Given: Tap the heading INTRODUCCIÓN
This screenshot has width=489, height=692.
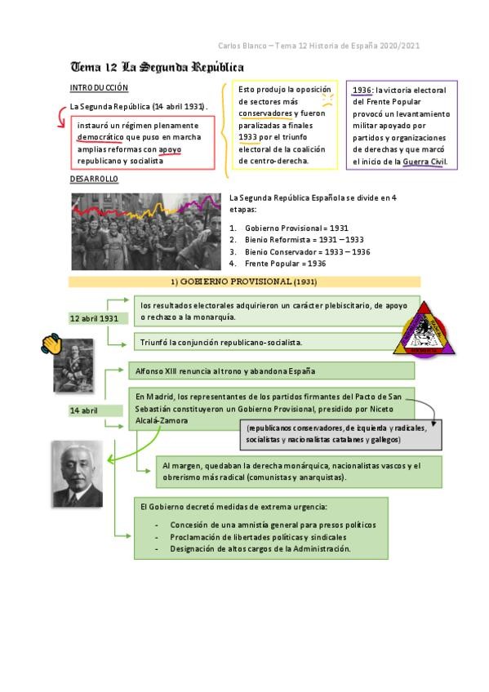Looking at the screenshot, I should [x=99, y=87].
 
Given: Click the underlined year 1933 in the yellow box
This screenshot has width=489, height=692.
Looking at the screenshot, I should [x=248, y=137].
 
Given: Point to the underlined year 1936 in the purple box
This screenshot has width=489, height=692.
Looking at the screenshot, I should [x=362, y=91].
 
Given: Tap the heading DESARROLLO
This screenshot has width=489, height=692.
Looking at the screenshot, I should [x=94, y=178].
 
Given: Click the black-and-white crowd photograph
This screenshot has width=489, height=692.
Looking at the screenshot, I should [x=145, y=231].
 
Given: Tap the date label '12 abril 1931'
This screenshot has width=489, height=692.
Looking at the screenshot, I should [x=94, y=318].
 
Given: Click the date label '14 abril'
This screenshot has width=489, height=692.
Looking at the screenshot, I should [x=84, y=410].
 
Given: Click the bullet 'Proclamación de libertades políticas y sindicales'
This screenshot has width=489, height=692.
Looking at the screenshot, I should [x=258, y=537].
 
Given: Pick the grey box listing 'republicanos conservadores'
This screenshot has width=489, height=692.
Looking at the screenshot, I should [x=341, y=433].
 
